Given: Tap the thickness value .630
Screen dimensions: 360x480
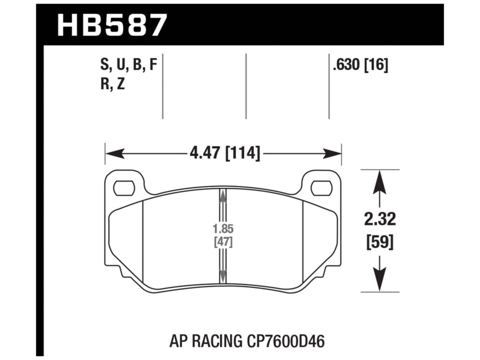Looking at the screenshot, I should tap(346, 66).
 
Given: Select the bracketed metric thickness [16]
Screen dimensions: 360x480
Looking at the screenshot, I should tap(376, 66).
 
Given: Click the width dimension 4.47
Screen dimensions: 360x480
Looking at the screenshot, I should tap(205, 153).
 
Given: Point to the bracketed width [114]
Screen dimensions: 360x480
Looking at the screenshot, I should tap(242, 153).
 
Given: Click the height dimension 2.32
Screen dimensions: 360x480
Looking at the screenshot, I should tap(380, 219).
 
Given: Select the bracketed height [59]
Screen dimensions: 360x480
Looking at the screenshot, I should tap(380, 243).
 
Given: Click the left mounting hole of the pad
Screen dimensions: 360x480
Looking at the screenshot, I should tap(123, 187).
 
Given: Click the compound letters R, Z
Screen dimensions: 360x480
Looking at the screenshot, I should tap(112, 85).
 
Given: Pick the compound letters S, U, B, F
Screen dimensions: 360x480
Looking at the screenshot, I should tap(128, 66).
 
